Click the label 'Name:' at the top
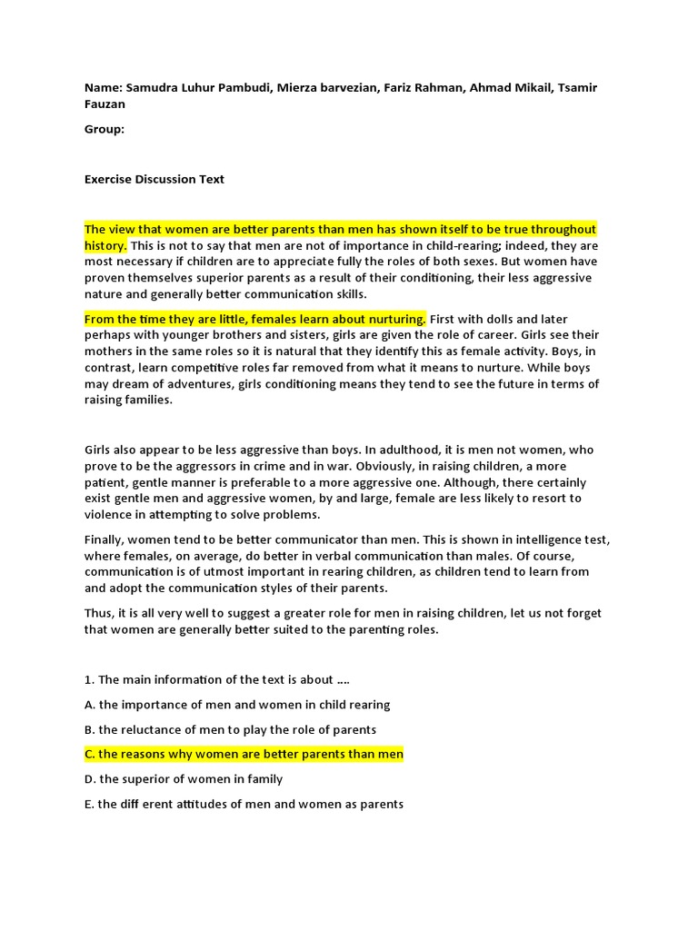(x=103, y=87)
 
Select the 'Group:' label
(x=105, y=129)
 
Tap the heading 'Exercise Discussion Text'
(x=155, y=179)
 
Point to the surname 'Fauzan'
(x=105, y=104)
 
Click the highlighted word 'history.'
(x=105, y=246)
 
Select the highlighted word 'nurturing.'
(x=396, y=319)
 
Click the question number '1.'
(x=90, y=679)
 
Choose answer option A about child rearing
(x=237, y=705)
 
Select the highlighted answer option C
(x=244, y=754)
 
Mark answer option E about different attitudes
(x=244, y=804)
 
